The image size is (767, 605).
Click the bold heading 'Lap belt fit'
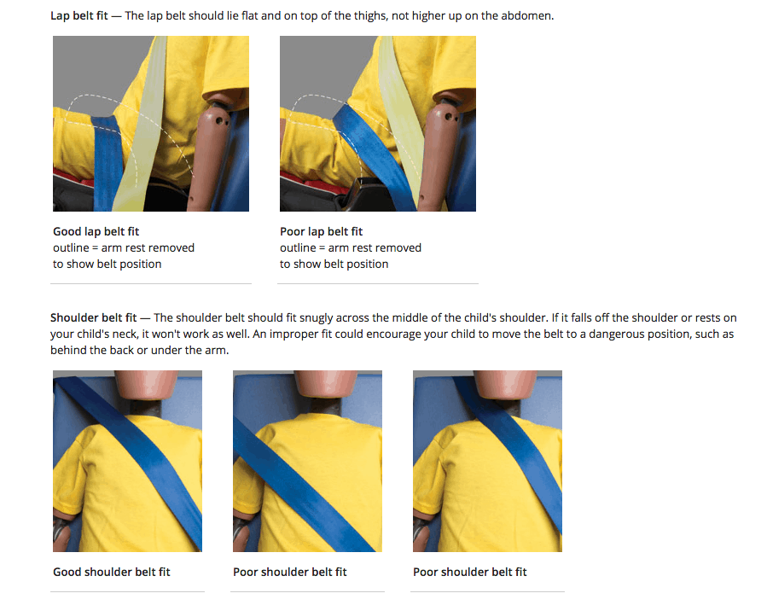[79, 16]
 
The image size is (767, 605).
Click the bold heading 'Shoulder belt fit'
[94, 318]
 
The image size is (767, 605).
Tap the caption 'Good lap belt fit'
[96, 232]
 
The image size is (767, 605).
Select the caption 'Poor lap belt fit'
[321, 232]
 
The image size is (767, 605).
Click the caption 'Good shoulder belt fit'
[112, 573]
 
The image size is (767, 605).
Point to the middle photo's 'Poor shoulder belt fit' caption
[289, 573]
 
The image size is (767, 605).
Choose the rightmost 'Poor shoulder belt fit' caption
[469, 573]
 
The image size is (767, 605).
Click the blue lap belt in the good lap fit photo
[107, 162]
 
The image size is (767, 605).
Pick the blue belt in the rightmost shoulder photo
[514, 450]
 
